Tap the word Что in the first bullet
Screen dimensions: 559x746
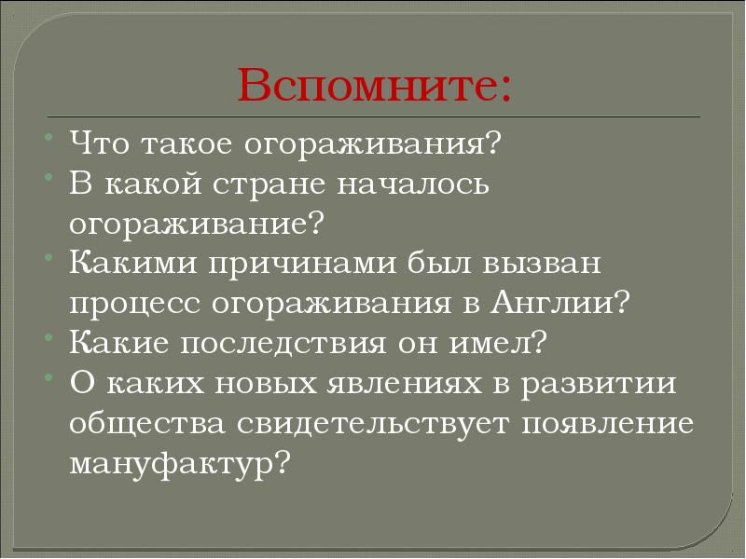tap(99, 144)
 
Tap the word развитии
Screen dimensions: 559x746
tap(605, 383)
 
